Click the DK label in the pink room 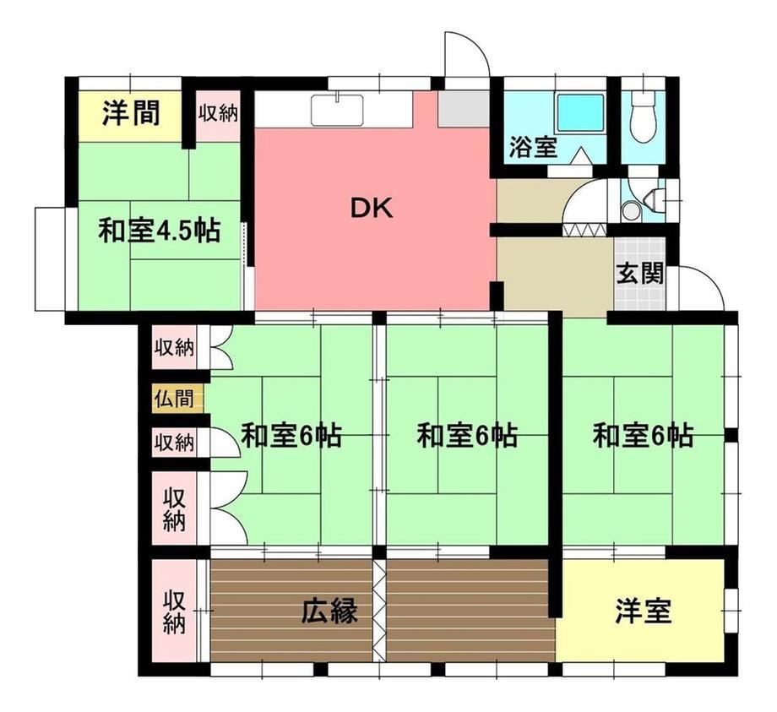[x=372, y=209]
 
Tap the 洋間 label [x=131, y=113]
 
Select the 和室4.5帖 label [x=160, y=230]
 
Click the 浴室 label [x=533, y=147]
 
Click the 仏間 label [x=173, y=399]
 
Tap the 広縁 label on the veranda [x=330, y=611]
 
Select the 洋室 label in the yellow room [x=644, y=611]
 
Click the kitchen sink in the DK [x=338, y=109]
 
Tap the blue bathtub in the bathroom [x=581, y=112]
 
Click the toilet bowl [x=644, y=118]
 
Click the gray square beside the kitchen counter [x=464, y=108]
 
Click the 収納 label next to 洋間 [x=218, y=113]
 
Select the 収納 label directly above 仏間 [x=173, y=347]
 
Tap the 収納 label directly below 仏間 [x=173, y=442]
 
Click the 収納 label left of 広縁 [x=175, y=611]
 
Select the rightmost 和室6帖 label [x=644, y=435]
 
